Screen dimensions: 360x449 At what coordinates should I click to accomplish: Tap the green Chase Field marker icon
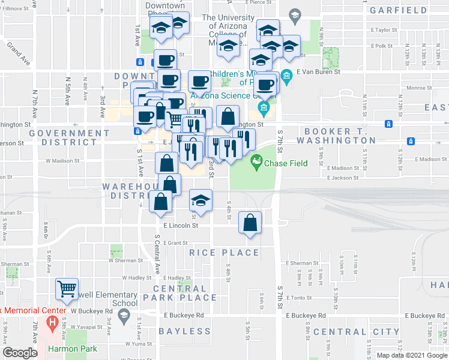pos(257,161)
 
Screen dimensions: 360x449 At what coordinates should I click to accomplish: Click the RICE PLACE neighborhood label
pos(224,253)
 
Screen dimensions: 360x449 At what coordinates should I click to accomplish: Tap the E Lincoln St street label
pos(181,226)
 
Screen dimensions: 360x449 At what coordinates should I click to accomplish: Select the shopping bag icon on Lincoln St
pos(250,223)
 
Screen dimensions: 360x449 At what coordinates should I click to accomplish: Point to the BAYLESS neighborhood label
pos(185,331)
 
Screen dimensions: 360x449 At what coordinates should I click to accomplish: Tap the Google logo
pos(20,353)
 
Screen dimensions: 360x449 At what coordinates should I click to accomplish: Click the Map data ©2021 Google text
pos(412,355)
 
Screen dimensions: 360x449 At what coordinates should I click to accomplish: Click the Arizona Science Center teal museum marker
pos(263,109)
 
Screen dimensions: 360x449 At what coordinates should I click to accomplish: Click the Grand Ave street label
pos(17,53)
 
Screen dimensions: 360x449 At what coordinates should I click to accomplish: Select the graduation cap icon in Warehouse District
pos(201,200)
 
